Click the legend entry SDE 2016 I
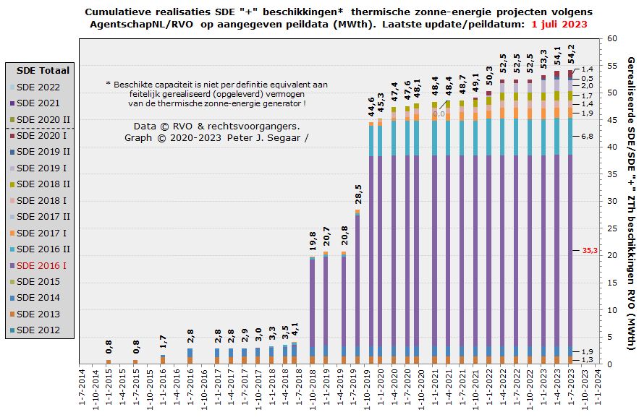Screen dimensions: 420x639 (x=41, y=265)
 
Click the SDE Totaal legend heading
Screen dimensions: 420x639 (x=43, y=70)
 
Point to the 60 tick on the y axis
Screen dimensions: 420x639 (x=612, y=38)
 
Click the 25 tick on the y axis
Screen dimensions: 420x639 (x=612, y=228)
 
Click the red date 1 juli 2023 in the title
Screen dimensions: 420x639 (x=559, y=24)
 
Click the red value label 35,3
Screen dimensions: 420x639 (x=589, y=250)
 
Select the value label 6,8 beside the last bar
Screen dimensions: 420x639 (x=587, y=136)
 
